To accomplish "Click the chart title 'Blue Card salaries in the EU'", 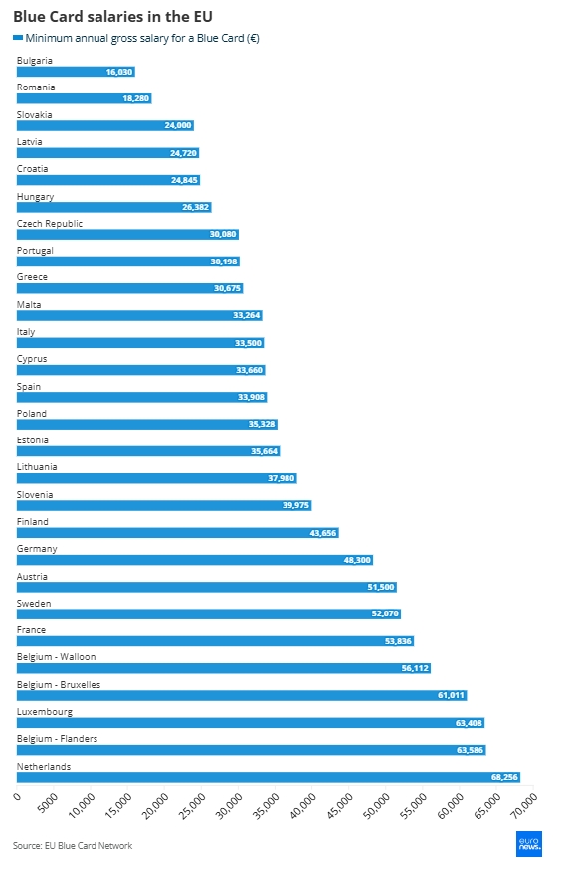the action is [112, 17].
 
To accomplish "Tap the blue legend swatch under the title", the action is [18, 38].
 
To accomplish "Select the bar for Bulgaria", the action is [76, 72].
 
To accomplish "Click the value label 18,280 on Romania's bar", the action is [136, 98].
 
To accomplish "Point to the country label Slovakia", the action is [34, 114].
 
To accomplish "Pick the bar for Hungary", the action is [113, 207].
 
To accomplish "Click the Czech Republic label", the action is [50, 223].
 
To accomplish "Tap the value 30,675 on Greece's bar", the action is [227, 288].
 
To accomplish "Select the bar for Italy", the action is [140, 343].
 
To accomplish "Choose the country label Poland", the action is [31, 413].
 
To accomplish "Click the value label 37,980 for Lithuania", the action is [282, 478].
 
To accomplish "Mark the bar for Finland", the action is [178, 533].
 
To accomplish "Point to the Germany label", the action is [37, 549].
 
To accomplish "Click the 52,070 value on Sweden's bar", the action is [385, 613].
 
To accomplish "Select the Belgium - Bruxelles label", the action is [59, 684].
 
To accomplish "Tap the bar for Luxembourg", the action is [251, 723].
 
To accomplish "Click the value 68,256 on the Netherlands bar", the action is [504, 777].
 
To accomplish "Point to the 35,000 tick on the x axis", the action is [266, 806].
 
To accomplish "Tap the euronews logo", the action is [529, 844].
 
